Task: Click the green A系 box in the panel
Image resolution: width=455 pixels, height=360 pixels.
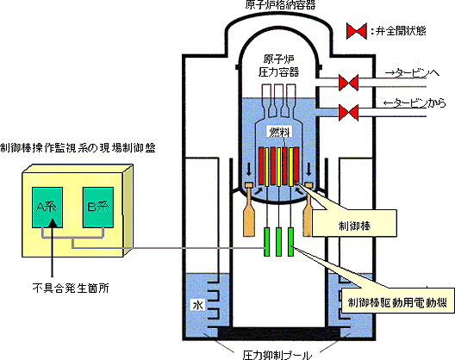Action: [x=47, y=207]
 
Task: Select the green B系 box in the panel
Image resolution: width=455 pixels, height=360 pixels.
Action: [x=98, y=207]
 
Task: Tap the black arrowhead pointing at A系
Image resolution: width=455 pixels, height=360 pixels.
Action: [x=53, y=223]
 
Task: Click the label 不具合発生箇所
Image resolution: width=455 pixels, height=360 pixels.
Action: [x=71, y=288]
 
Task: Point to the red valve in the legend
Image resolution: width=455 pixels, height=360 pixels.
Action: [x=357, y=31]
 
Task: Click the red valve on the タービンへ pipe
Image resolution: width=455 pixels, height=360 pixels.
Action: [x=348, y=83]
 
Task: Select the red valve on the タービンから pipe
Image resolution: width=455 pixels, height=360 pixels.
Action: [x=348, y=113]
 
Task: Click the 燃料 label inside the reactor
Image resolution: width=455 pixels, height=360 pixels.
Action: [x=279, y=133]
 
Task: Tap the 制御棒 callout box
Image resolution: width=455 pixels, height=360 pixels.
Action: [x=354, y=223]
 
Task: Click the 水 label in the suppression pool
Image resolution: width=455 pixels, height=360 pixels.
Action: [x=198, y=305]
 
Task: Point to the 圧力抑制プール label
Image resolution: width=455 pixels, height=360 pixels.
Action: [x=277, y=355]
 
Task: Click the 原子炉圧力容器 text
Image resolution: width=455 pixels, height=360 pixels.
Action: [x=278, y=65]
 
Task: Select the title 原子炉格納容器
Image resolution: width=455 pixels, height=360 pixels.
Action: [x=280, y=5]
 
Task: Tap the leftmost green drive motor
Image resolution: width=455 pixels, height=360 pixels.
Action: [x=266, y=242]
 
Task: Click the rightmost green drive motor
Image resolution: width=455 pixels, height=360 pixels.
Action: [x=290, y=242]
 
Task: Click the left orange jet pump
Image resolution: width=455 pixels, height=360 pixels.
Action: [x=249, y=209]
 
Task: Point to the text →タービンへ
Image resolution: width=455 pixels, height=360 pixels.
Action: [x=412, y=73]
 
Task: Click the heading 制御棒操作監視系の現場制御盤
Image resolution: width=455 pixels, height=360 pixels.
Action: [x=78, y=148]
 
